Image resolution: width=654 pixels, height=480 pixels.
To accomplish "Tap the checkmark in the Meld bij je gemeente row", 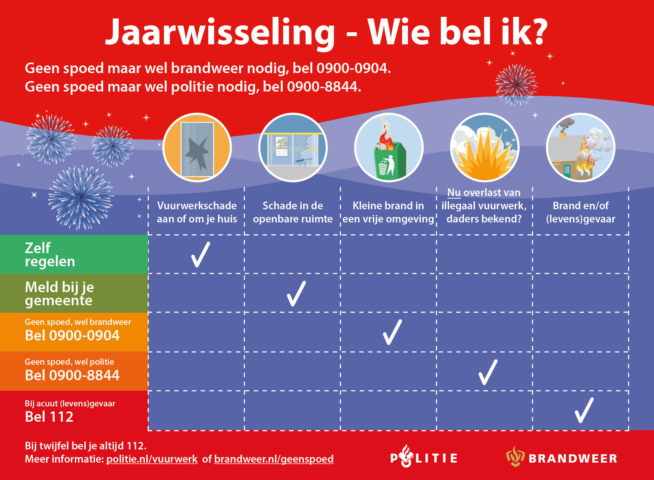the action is tap(296, 294).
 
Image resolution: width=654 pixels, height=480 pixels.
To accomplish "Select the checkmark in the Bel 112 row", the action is tap(584, 410).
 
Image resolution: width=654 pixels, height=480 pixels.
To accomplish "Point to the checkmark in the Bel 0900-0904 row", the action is tap(392, 332).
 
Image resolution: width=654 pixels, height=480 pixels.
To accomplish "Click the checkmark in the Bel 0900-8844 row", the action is tap(488, 372).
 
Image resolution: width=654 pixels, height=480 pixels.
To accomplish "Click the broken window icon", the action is tap(197, 148).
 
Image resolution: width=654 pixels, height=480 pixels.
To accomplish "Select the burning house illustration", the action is tap(580, 148).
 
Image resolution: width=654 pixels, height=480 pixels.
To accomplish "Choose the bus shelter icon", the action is tap(293, 148).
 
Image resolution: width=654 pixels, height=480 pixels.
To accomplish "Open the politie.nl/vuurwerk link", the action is tap(152, 459).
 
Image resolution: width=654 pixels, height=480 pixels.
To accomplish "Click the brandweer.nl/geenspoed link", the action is tap(274, 459).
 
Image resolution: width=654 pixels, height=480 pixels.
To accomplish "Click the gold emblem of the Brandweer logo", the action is tap(515, 457).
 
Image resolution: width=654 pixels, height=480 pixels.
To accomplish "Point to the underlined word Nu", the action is tap(454, 193).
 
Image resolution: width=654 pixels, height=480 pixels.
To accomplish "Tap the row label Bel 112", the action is tap(49, 417).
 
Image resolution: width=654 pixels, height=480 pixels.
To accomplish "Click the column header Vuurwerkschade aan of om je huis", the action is tap(197, 212).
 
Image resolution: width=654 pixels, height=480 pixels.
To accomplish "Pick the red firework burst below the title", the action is tap(516, 84).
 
